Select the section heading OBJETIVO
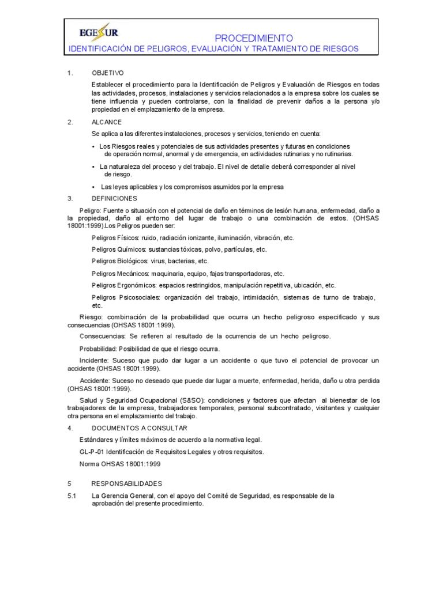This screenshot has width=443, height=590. click(108, 74)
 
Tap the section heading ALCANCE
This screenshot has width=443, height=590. click(107, 122)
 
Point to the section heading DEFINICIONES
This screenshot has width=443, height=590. click(114, 198)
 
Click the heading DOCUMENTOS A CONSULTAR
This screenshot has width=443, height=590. click(139, 428)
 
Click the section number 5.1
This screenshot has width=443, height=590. click(72, 496)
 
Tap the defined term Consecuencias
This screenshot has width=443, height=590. click(102, 336)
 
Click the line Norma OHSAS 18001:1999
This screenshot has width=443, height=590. click(119, 464)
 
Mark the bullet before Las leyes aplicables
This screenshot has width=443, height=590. click(93, 187)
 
